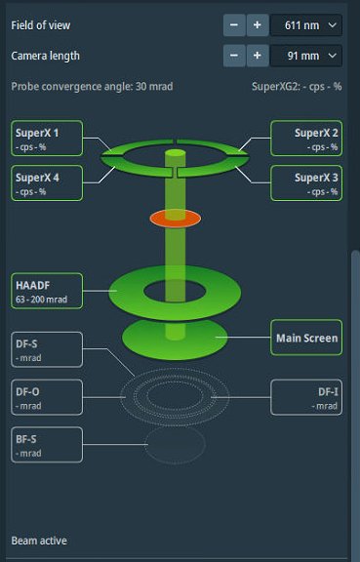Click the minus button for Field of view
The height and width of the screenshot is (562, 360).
click(x=234, y=24)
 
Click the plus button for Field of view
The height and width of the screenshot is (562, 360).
click(x=257, y=24)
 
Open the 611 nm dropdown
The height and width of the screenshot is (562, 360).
click(x=305, y=24)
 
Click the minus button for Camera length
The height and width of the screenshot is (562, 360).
click(x=234, y=56)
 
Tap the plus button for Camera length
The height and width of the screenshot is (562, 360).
click(x=257, y=56)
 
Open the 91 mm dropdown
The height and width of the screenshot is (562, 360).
click(x=305, y=56)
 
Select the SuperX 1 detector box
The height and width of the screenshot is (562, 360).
click(x=47, y=138)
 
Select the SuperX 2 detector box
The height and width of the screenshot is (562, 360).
click(x=304, y=138)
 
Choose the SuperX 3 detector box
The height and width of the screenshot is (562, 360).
click(x=304, y=182)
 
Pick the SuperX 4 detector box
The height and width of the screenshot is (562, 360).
click(x=47, y=182)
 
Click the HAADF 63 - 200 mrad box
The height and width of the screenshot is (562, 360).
click(x=47, y=290)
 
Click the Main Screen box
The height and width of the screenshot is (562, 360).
click(x=304, y=339)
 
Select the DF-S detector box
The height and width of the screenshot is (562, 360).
click(x=47, y=349)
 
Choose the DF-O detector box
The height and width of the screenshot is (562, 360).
click(x=47, y=397)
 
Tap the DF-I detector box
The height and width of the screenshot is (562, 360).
click(x=306, y=397)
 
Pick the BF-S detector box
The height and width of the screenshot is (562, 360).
click(x=47, y=445)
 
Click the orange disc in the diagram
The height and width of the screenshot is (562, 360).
click(x=175, y=218)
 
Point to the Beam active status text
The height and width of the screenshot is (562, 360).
click(x=39, y=540)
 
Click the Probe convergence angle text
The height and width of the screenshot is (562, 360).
click(x=92, y=86)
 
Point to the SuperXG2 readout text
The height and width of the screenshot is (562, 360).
click(x=296, y=86)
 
